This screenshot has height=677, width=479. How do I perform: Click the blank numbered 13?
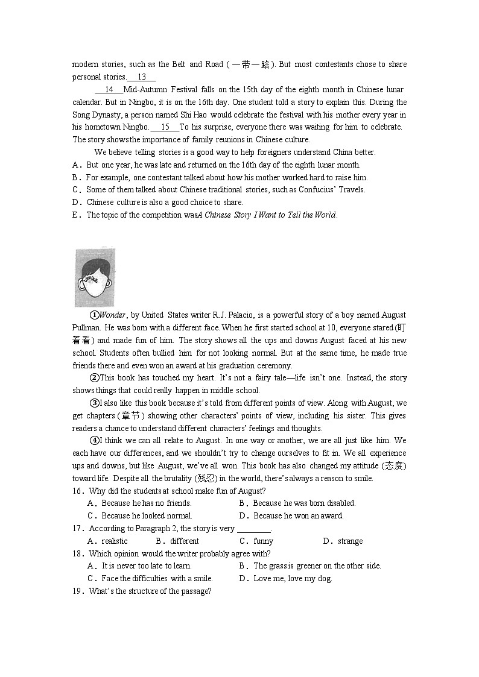pos(142,77)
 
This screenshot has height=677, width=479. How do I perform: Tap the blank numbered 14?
pos(109,90)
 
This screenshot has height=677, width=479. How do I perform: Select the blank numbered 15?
pos(165,127)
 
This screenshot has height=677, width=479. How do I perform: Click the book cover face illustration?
pos(95,278)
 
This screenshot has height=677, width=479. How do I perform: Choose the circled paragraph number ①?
pos(94,315)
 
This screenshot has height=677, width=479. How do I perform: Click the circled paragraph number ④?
pos(94,441)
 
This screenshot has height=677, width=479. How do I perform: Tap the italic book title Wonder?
pos(112,315)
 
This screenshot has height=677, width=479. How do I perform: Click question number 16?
pos(77,491)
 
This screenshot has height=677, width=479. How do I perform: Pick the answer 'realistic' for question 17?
pos(115,541)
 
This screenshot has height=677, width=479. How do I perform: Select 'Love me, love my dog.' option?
pos(293,579)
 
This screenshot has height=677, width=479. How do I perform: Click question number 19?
pos(77,591)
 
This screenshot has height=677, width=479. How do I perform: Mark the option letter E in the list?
pos(75,215)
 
